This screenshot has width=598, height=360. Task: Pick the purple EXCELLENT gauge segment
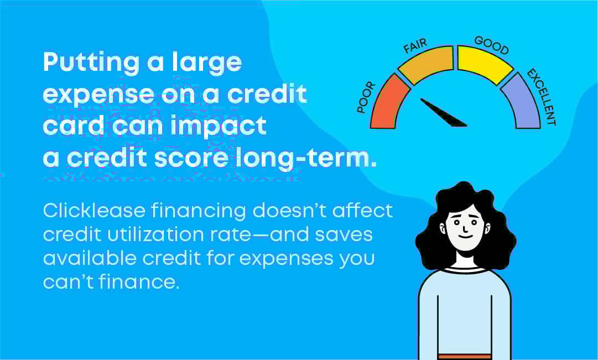pyautogui.click(x=523, y=102)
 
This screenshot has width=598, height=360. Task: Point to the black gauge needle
pyautogui.click(x=443, y=112)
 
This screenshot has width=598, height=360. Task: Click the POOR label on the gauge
pyautogui.click(x=366, y=98)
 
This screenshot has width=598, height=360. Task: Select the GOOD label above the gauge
pyautogui.click(x=492, y=46)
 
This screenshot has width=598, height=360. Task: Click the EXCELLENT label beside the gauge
pyautogui.click(x=541, y=97)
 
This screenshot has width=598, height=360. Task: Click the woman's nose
pyautogui.click(x=465, y=227)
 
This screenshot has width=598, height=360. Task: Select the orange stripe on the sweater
pyautogui.click(x=464, y=357)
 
